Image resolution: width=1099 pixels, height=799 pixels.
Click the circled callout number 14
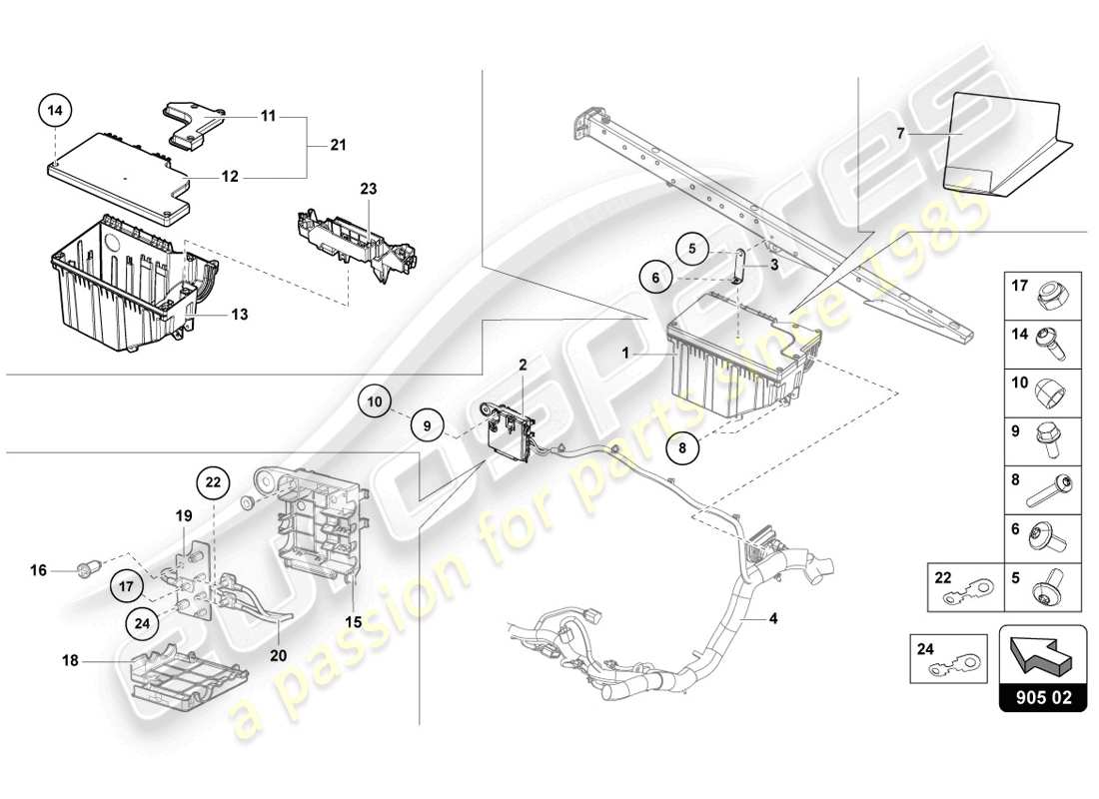(x=57, y=111)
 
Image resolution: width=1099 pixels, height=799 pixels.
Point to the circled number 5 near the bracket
(x=690, y=246)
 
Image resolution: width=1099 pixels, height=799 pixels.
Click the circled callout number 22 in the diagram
(x=212, y=481)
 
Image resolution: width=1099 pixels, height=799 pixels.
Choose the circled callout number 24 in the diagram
(x=144, y=622)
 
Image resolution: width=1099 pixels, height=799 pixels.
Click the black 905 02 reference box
(x=1041, y=699)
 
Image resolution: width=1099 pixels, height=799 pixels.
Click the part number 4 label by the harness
(x=772, y=618)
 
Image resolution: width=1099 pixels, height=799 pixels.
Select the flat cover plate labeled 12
(x=120, y=172)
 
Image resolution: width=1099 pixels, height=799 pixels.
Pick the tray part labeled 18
(x=185, y=675)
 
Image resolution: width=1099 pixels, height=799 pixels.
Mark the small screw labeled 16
(x=85, y=572)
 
